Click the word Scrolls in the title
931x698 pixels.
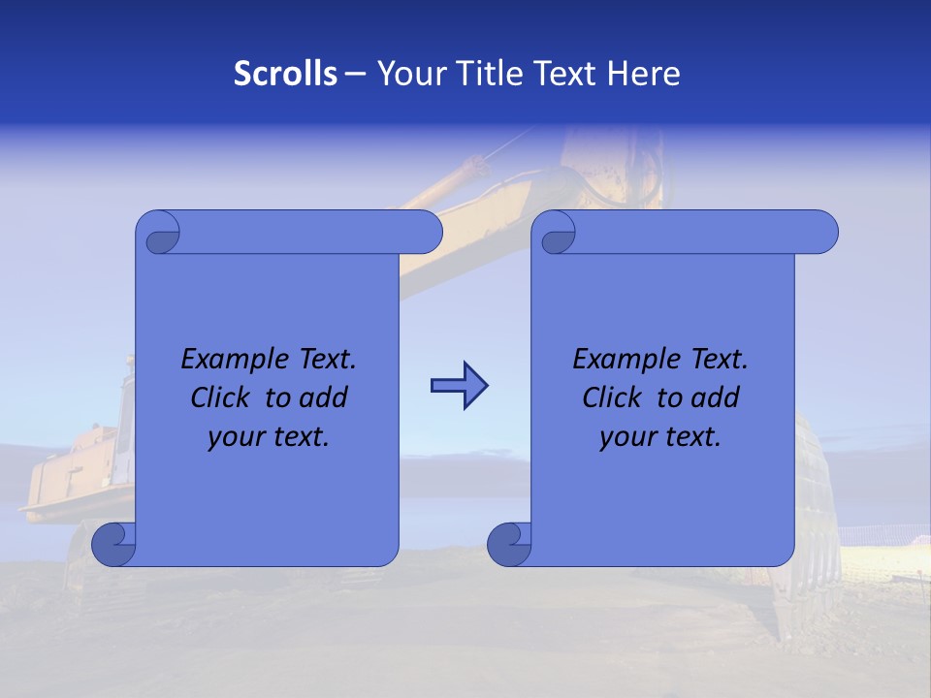pyautogui.click(x=285, y=74)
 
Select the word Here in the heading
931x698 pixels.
pyautogui.click(x=643, y=74)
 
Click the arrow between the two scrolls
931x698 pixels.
pyautogui.click(x=459, y=386)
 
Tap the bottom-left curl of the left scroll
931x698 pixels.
pyautogui.click(x=112, y=544)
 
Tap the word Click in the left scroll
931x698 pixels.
pyautogui.click(x=222, y=397)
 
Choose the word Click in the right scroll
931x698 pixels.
pyautogui.click(x=613, y=397)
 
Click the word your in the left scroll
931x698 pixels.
pyautogui.click(x=236, y=437)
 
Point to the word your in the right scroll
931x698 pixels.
pyautogui.click(x=627, y=437)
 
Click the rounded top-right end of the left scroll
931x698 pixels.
pyautogui.click(x=427, y=232)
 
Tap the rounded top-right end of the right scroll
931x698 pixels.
pyautogui.click(x=822, y=232)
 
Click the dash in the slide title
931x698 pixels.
pyautogui.click(x=355, y=74)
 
